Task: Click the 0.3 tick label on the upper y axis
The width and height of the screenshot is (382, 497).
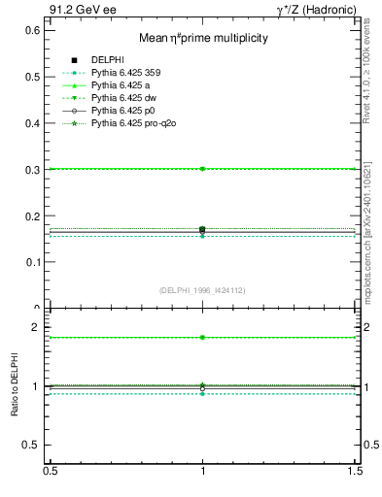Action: [34, 170]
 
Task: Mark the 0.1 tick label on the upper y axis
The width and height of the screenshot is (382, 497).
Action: [34, 262]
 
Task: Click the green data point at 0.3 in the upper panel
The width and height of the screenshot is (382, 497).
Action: [202, 169]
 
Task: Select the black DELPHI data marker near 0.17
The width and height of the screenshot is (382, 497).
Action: [202, 230]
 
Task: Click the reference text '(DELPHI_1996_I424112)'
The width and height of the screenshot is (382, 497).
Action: [202, 290]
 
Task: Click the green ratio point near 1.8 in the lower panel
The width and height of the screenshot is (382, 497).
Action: [202, 337]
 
